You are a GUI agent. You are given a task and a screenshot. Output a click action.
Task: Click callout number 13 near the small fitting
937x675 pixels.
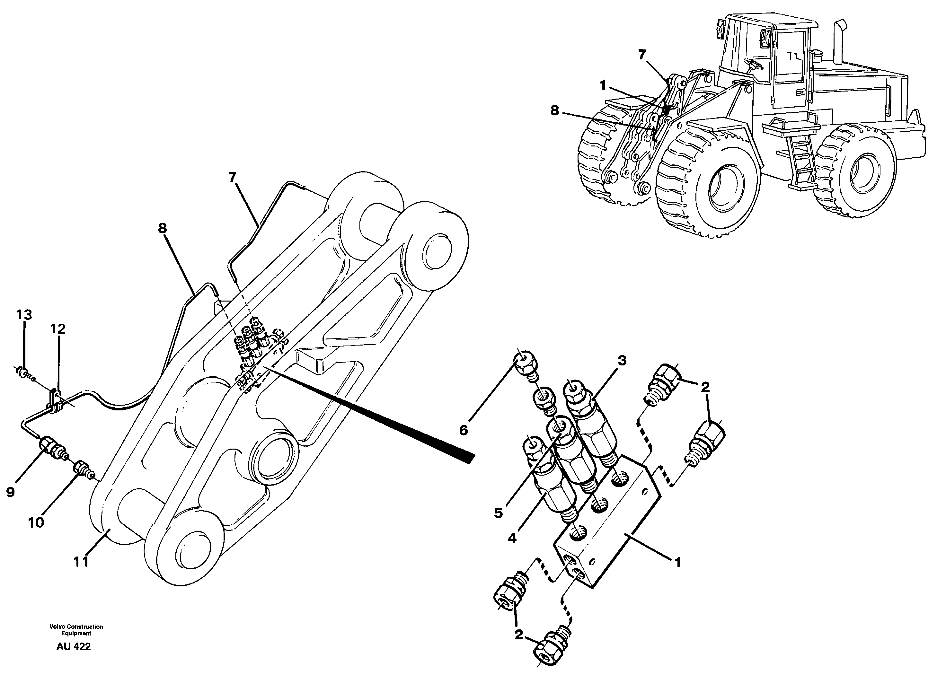[24, 315]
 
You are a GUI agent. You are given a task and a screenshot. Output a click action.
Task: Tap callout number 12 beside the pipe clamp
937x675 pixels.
[58, 329]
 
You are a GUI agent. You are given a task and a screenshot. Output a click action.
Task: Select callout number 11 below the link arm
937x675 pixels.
[81, 562]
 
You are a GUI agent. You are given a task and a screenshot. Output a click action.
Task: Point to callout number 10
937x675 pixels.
[36, 522]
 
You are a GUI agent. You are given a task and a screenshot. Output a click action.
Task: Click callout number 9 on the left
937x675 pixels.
[10, 492]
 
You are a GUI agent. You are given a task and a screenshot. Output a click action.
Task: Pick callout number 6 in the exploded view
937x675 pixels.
[463, 430]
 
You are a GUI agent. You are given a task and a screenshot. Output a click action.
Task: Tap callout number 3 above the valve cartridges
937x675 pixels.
[622, 361]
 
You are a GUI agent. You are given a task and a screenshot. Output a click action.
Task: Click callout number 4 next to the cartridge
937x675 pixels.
[512, 539]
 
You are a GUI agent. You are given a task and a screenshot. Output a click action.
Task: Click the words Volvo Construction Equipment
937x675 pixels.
[76, 630]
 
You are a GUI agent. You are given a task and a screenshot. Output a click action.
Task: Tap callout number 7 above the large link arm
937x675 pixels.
[232, 178]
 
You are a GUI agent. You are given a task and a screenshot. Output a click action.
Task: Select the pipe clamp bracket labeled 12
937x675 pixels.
[54, 400]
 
